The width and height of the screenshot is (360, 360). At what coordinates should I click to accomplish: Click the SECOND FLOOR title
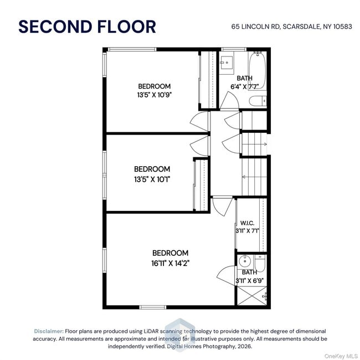coord(88,27)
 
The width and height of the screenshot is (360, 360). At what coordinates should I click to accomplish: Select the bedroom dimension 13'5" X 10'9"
coord(155,95)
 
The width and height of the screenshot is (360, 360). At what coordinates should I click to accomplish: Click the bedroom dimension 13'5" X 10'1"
coord(152,179)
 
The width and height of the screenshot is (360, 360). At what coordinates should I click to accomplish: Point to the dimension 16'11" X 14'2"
coord(171,263)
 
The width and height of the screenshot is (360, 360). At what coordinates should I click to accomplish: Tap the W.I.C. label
coord(247,223)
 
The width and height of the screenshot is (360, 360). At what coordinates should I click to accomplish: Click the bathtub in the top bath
coord(258,71)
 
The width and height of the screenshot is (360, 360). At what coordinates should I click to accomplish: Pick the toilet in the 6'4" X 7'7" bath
coord(258,101)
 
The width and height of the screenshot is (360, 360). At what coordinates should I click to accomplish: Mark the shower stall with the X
coord(252,296)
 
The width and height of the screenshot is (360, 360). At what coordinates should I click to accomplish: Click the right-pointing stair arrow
coord(255,145)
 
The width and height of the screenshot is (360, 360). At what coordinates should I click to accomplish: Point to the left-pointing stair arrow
coord(254,177)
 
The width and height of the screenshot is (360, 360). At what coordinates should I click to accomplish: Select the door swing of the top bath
coord(229,101)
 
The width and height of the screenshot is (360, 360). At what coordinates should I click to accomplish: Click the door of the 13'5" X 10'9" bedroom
coord(200,121)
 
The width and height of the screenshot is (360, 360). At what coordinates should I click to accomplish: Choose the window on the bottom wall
coord(153,307)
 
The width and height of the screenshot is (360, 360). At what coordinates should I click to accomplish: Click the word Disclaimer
coord(49,331)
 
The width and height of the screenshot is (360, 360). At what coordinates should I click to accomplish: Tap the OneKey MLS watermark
coord(341,356)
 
